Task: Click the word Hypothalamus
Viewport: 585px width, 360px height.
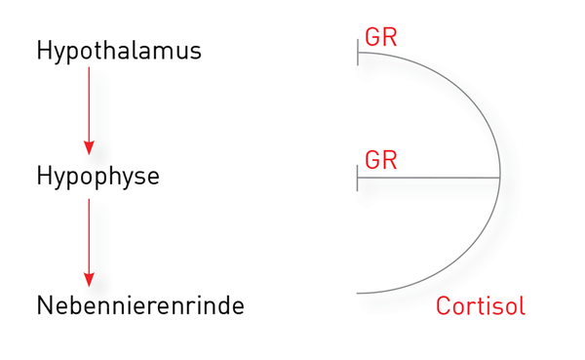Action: [119, 52]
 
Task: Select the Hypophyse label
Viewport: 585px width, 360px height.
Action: [98, 177]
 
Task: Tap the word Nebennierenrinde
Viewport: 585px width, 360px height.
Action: [140, 305]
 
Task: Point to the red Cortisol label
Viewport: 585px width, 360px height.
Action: [481, 305]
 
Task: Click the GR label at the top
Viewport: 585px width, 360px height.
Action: [381, 37]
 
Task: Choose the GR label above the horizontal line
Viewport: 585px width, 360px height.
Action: [381, 160]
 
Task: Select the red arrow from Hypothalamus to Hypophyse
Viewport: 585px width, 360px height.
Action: [89, 111]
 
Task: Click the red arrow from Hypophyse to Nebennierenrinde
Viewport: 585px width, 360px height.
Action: [89, 243]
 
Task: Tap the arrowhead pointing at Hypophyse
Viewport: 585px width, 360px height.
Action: [89, 148]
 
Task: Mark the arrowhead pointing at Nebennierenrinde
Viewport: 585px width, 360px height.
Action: [89, 280]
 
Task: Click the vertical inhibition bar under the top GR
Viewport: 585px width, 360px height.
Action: [358, 53]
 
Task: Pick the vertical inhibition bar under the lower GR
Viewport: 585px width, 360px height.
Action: [358, 178]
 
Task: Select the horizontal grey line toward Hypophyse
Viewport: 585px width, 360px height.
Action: [429, 178]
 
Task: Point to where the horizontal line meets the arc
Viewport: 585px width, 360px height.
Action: [500, 178]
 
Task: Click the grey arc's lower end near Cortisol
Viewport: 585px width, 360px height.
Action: [357, 293]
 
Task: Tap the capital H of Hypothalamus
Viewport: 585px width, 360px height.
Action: [43, 50]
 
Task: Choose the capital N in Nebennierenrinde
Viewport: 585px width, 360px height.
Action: [44, 305]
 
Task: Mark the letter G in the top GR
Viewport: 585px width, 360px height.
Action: [372, 37]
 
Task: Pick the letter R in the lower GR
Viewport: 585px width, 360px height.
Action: [390, 160]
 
